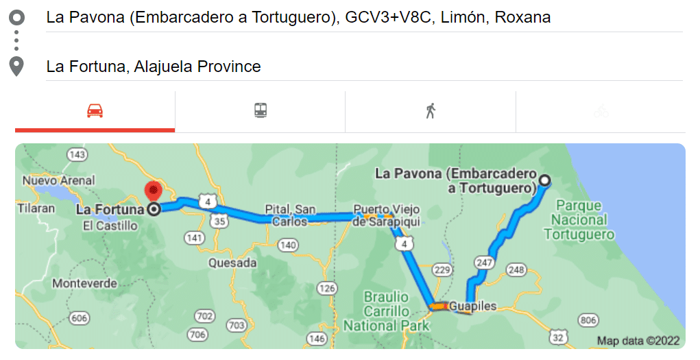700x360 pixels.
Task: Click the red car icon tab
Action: (x=95, y=110)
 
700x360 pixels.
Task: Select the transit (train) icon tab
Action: (x=260, y=110)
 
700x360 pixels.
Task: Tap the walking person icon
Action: (x=430, y=110)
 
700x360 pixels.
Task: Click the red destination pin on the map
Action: (x=153, y=191)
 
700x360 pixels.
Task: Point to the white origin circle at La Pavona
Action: (x=544, y=181)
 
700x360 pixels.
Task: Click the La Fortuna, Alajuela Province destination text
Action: (x=154, y=67)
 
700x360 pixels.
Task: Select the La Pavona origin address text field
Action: (x=298, y=18)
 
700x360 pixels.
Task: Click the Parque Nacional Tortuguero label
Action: (x=579, y=219)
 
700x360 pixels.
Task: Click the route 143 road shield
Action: (x=77, y=155)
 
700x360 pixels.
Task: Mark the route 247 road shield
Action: (x=484, y=262)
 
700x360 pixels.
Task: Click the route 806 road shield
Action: (x=588, y=320)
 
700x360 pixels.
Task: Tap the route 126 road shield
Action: (x=327, y=289)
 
